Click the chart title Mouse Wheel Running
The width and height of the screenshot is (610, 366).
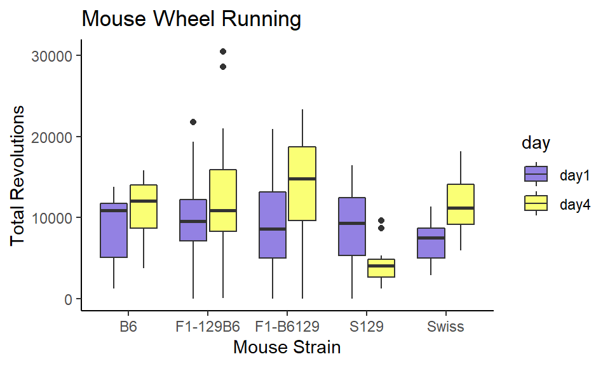tap(191, 20)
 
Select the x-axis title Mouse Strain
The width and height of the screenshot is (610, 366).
tap(287, 348)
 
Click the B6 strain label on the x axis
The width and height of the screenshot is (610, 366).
tap(128, 327)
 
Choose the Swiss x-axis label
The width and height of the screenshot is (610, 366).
tap(445, 327)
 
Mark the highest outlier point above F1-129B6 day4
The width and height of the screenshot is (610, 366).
tap(222, 51)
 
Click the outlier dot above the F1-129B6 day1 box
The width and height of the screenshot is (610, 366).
tap(193, 122)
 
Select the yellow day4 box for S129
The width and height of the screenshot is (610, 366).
tap(381, 268)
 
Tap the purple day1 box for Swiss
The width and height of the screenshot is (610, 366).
tap(431, 243)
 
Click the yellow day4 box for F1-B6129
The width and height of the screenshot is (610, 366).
tap(302, 184)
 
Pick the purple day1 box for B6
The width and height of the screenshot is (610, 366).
tap(114, 230)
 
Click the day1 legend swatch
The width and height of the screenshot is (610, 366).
tap(536, 174)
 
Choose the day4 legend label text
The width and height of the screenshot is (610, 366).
tap(576, 204)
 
